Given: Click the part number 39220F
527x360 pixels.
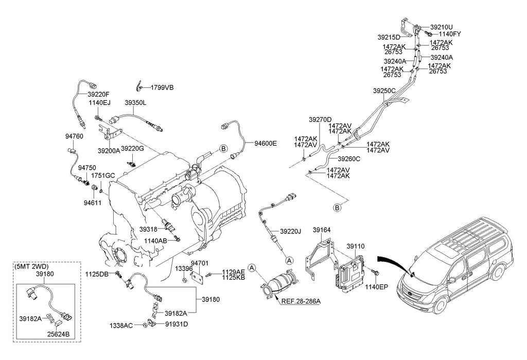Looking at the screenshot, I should tap(98, 95).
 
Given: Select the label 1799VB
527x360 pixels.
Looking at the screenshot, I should tap(162, 87).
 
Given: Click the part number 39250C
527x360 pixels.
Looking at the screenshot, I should tap(384, 91).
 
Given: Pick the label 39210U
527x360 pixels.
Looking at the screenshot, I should tap(442, 27).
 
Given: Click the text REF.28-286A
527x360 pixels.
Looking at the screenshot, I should tap(301, 301).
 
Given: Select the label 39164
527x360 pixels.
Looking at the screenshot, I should tap(322, 231).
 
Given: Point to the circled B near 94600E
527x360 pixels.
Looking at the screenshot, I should tap(223, 149).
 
